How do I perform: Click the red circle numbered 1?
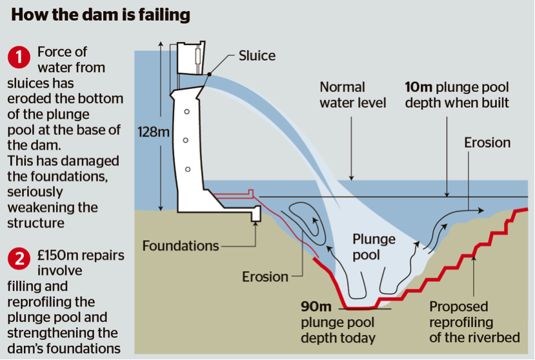pos(19,57)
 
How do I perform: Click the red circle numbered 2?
pos(19,259)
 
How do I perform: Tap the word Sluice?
pos(257,55)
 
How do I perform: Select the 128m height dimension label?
pos(153,132)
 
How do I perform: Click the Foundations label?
pos(181,246)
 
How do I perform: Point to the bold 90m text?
pos(316,306)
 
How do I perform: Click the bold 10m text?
pos(418,87)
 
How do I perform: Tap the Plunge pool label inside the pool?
pos(374,246)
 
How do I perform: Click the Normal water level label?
pos(353,95)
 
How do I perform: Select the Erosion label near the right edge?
pos(487,143)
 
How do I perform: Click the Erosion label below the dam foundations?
pos(265,277)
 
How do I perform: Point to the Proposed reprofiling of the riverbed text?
pos(474,322)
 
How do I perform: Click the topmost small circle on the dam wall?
pos(187,112)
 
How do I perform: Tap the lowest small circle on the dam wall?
pos(187,169)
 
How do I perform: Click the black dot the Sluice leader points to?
pos(210,74)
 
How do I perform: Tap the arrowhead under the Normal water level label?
pos(352,177)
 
